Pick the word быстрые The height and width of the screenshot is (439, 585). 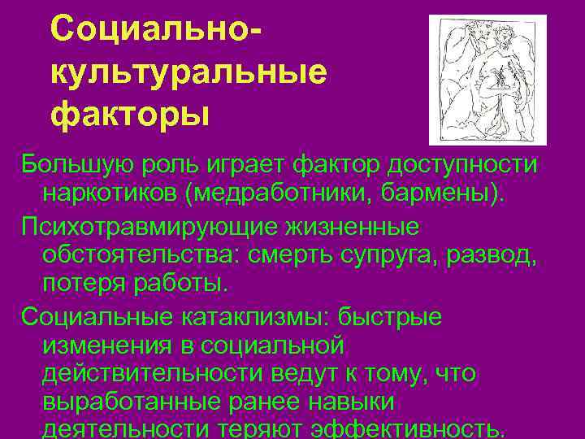point(390,315)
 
